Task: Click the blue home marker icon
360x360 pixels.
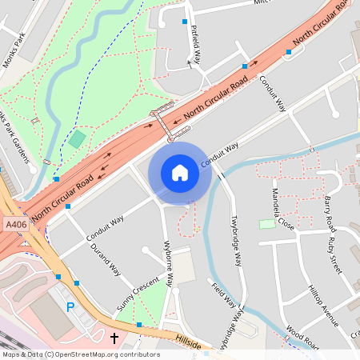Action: point(180,173)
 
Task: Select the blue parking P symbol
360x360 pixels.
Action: point(70,306)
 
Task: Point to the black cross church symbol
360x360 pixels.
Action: point(114,338)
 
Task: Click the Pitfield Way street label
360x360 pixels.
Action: point(194,44)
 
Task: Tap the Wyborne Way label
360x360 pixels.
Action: point(170,264)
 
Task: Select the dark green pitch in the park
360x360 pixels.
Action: point(77,139)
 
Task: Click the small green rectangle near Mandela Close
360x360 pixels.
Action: point(267,224)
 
